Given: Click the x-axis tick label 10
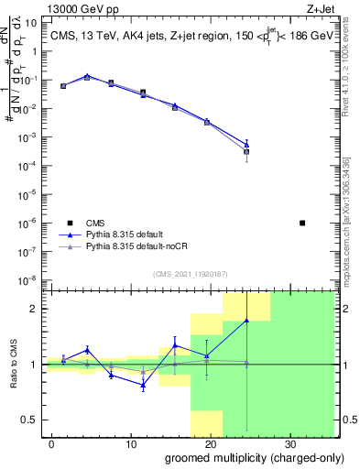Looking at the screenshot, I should point(130,442).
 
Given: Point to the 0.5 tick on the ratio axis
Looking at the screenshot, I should point(29,420).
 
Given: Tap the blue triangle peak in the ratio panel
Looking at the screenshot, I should point(246,320).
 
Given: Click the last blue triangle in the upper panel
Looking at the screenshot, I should point(246,144).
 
